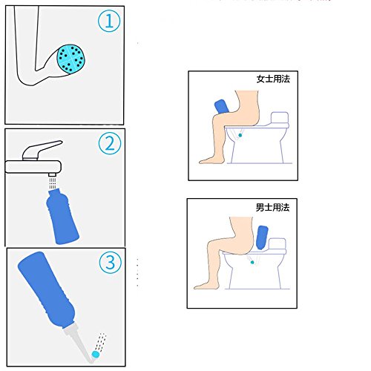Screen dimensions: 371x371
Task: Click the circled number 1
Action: (x=109, y=21)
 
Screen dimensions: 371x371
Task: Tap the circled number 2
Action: (x=110, y=143)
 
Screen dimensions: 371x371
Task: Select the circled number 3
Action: (x=111, y=262)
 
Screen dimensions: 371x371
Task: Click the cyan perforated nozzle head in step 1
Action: (x=71, y=59)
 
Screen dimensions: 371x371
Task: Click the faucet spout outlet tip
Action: (x=53, y=174)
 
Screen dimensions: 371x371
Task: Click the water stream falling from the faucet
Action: (x=53, y=183)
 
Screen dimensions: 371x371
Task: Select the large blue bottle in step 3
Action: (x=47, y=290)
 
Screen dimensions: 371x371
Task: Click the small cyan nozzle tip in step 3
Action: (x=96, y=355)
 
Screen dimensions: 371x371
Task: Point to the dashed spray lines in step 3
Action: (x=102, y=342)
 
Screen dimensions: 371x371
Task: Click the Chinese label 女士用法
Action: (x=273, y=79)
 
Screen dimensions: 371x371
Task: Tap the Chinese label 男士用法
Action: (x=272, y=207)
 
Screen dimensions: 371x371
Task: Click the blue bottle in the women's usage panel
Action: (x=222, y=107)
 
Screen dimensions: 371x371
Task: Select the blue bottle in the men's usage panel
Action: (x=262, y=237)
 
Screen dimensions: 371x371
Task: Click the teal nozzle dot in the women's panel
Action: (x=240, y=135)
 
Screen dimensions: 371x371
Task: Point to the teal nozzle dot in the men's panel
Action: (x=252, y=263)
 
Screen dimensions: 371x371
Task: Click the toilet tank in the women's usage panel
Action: (x=280, y=118)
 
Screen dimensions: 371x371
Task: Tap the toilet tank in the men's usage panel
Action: (x=277, y=244)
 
